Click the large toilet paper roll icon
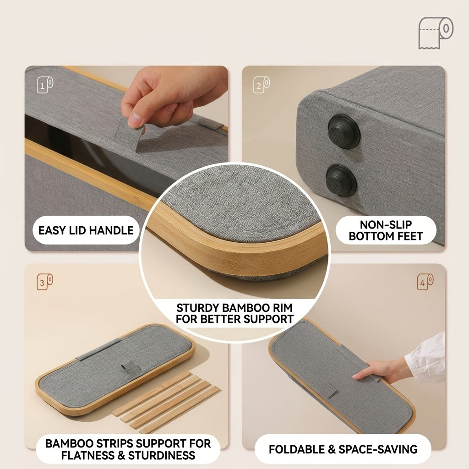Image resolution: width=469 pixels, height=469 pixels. (x=436, y=33)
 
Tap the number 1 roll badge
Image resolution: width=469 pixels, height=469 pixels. (x=45, y=85)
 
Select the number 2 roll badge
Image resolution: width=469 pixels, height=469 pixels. (x=262, y=85)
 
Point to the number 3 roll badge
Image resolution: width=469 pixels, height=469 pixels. (x=45, y=282)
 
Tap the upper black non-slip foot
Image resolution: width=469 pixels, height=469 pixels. (x=344, y=131)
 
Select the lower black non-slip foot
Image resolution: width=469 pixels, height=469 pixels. (x=341, y=180)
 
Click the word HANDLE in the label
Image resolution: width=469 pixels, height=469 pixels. (x=111, y=230)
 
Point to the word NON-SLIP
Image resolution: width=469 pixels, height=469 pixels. (x=386, y=224)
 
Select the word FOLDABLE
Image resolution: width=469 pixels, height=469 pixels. (x=297, y=449)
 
